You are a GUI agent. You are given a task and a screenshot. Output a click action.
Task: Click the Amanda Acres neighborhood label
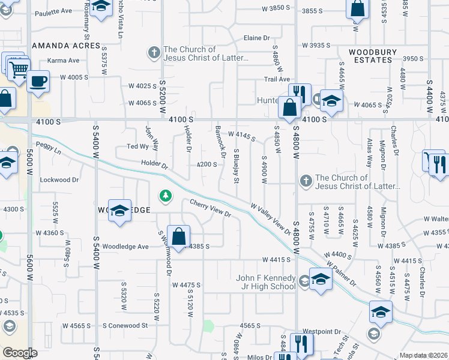[66, 46]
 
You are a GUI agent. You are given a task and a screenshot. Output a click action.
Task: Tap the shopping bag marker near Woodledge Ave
[179, 236]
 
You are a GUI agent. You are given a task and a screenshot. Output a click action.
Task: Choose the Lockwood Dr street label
[59, 179]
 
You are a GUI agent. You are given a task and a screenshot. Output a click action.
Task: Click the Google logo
[20, 353]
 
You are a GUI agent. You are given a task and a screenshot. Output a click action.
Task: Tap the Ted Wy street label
[137, 146]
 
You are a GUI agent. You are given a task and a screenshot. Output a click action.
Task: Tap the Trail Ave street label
[277, 79]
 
